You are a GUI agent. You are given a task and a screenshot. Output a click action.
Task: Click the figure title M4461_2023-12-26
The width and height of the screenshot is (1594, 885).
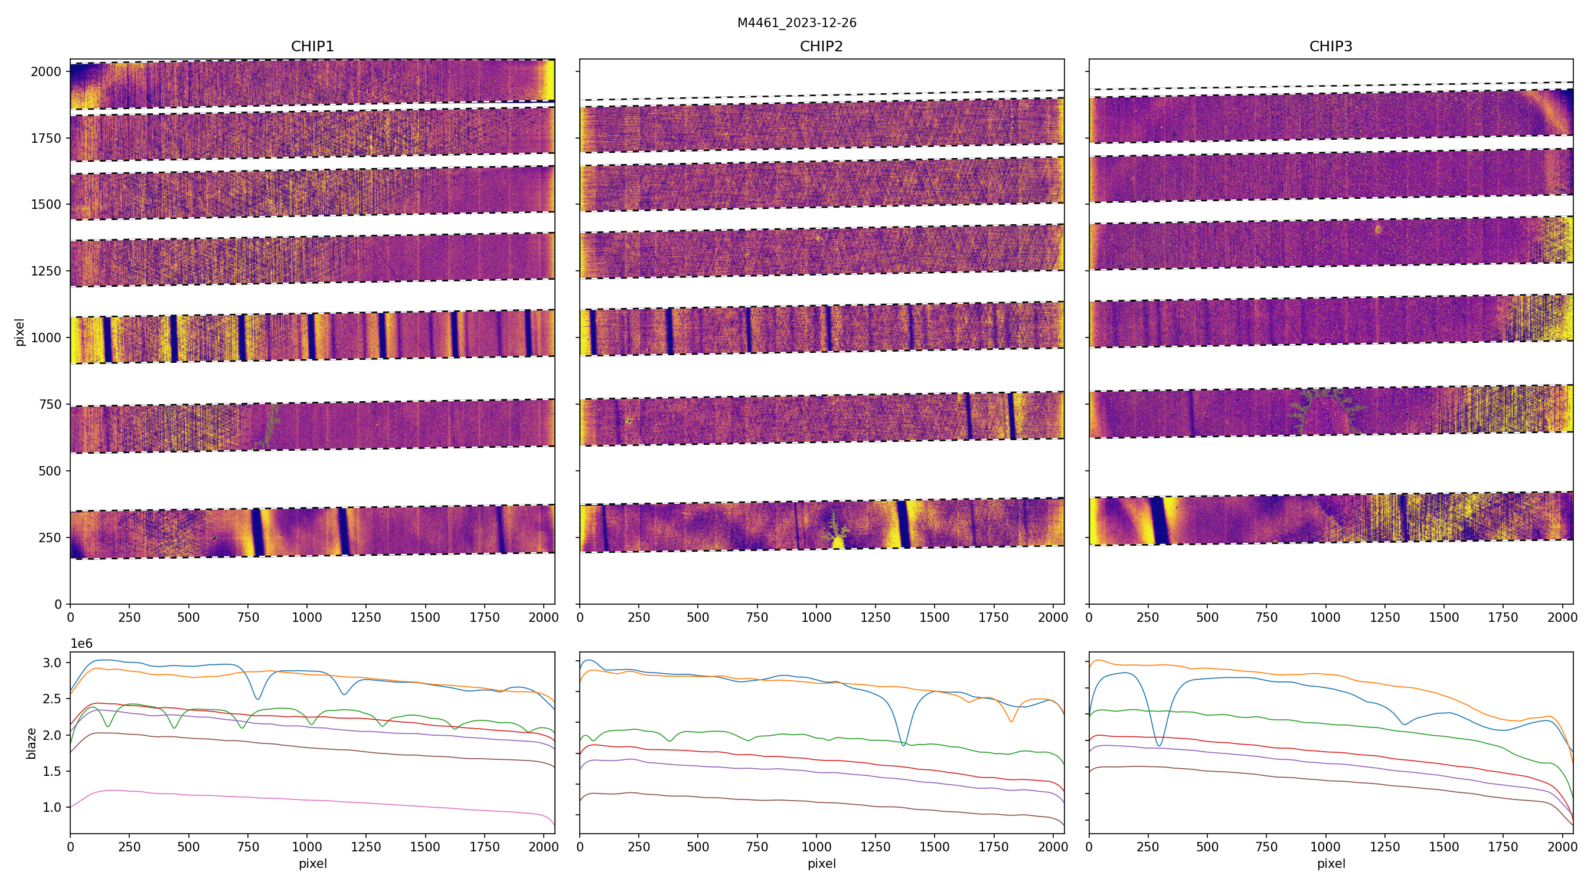(796, 23)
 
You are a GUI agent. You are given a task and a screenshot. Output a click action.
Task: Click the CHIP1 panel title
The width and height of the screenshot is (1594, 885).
(312, 47)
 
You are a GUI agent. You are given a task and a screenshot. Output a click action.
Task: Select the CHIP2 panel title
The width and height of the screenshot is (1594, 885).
(821, 47)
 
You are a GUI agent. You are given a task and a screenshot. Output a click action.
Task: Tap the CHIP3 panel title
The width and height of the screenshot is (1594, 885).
(1330, 47)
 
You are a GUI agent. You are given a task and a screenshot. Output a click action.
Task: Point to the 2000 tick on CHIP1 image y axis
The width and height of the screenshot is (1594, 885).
(47, 72)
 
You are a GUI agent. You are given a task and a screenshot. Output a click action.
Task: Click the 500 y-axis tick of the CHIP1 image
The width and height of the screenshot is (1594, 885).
(50, 471)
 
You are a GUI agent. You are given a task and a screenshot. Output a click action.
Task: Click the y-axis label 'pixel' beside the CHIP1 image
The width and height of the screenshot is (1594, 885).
(20, 332)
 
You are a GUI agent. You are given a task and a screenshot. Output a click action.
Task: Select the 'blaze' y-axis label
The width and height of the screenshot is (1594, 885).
(31, 743)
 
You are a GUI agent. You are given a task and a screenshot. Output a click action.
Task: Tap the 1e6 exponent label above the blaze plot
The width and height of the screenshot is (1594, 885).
(81, 644)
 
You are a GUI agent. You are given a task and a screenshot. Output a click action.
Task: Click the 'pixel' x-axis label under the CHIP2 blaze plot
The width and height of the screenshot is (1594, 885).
(821, 863)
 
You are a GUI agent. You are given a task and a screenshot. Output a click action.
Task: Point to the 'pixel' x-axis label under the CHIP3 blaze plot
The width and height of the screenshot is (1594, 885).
(1330, 863)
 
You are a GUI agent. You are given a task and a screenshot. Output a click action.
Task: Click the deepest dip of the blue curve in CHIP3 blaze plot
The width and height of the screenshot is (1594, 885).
(1159, 745)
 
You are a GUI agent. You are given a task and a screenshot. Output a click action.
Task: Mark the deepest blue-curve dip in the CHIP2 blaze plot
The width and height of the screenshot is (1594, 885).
(903, 745)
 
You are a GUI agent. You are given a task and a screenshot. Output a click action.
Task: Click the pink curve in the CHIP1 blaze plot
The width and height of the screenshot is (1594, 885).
(309, 795)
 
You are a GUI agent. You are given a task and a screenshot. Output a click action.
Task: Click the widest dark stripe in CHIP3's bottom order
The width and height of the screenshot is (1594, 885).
(1159, 520)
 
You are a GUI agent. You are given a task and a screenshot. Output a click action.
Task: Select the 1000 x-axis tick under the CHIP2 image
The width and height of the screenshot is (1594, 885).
(816, 617)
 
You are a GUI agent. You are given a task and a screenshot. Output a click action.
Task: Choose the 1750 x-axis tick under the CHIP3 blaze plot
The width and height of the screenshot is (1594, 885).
(1502, 847)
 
